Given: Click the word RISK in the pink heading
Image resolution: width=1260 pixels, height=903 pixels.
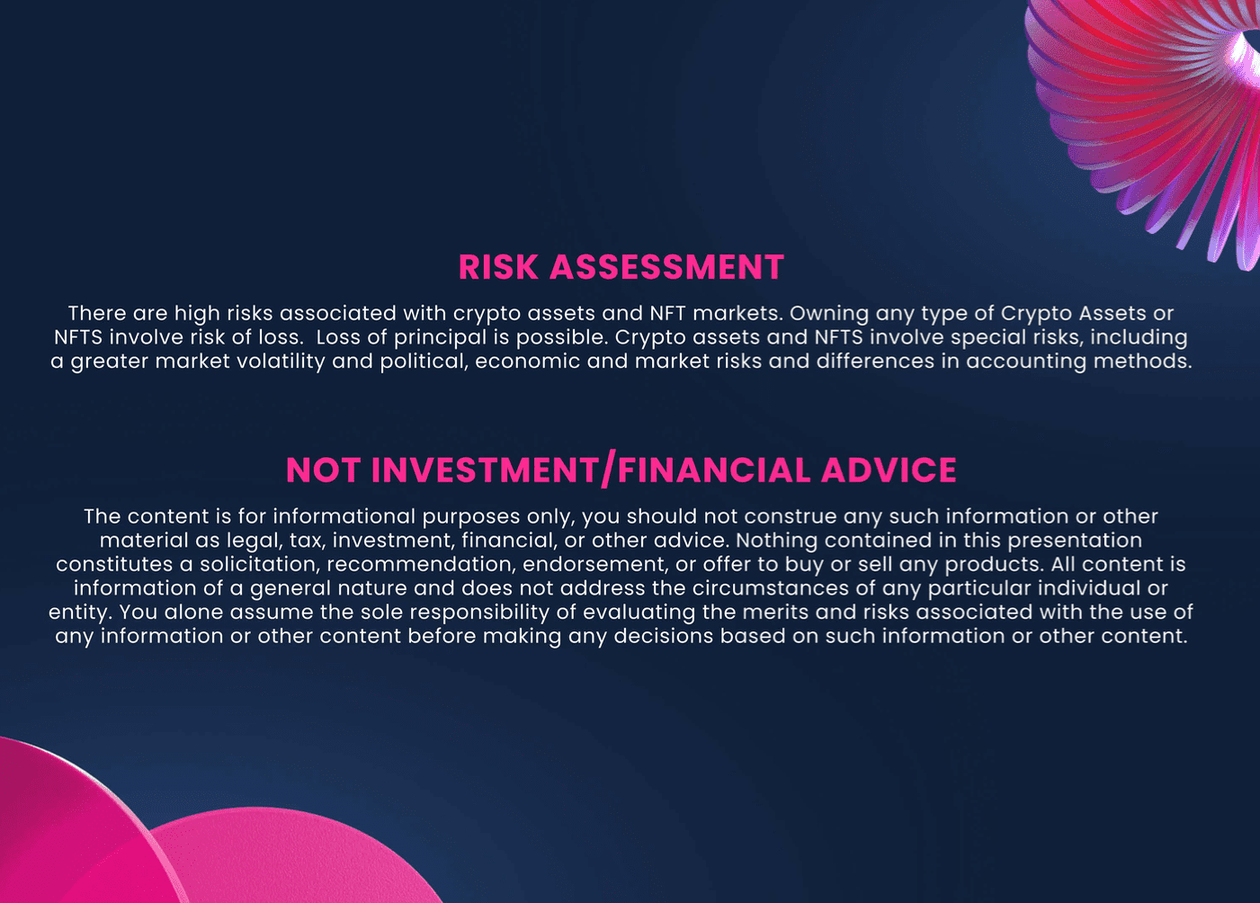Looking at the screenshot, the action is [x=498, y=267].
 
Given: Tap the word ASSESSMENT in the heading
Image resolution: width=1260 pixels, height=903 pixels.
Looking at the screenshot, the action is [x=666, y=267].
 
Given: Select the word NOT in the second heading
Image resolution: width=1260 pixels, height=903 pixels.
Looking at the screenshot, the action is [x=323, y=469].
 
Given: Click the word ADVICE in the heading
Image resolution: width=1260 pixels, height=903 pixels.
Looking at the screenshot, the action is [x=889, y=469].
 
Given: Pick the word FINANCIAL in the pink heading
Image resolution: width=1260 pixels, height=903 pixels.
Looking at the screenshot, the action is [x=714, y=469].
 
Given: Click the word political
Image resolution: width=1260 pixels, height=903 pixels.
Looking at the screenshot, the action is [x=424, y=362].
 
